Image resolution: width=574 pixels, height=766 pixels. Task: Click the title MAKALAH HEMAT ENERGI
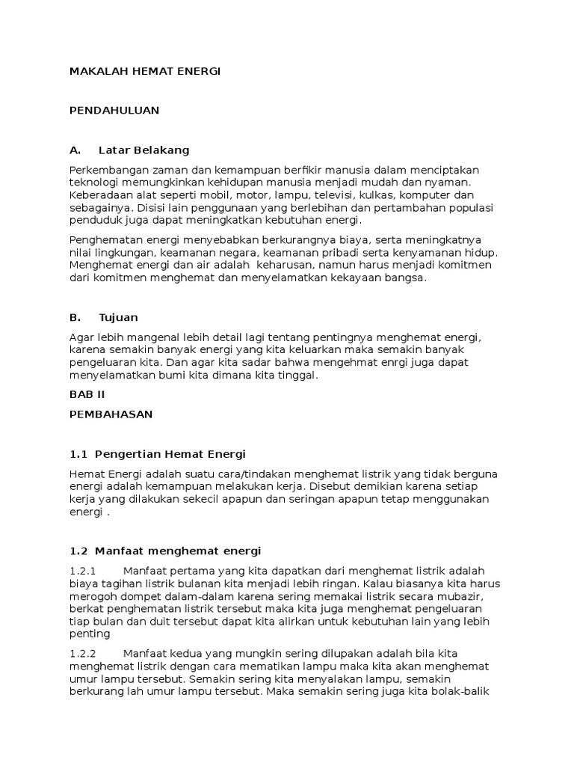[x=145, y=71]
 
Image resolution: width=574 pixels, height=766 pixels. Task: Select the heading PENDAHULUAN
[x=114, y=110]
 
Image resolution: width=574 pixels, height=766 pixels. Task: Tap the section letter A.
[x=74, y=150]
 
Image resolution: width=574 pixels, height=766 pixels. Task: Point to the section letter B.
[x=74, y=317]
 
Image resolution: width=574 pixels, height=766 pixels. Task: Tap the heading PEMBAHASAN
[x=111, y=414]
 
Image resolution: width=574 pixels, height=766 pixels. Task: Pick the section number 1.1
[x=79, y=454]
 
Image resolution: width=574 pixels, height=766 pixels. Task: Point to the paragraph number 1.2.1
[x=83, y=572]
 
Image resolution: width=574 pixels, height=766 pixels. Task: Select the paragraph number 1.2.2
[x=84, y=652]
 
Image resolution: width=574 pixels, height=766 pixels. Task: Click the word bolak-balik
[x=463, y=692]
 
